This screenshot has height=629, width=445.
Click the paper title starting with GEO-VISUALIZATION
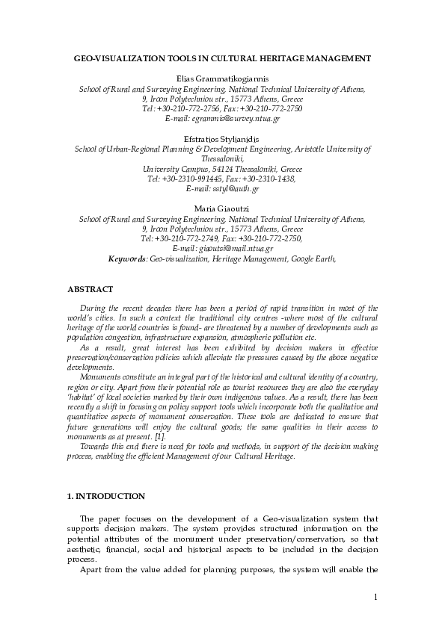[222, 57]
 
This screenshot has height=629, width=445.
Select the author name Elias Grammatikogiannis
[222, 78]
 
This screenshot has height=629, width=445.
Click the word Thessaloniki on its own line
[222, 159]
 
